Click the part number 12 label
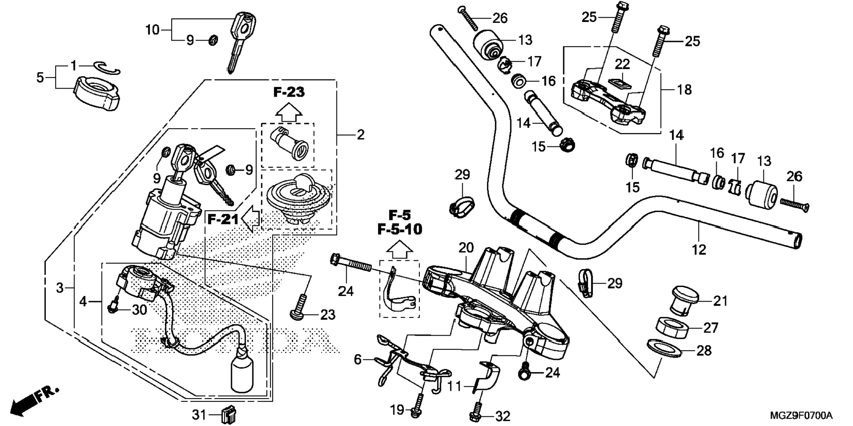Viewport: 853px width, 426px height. (x=699, y=250)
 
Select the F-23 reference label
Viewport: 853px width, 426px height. (x=289, y=92)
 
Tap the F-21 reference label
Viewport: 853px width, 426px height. (x=223, y=219)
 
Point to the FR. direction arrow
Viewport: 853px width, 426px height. (x=33, y=400)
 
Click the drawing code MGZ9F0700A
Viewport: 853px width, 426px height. (x=801, y=415)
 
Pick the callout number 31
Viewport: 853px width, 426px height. (x=199, y=415)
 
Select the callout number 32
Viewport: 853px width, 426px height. (x=503, y=416)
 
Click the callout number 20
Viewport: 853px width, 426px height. (x=466, y=248)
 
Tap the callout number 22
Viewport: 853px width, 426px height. (x=622, y=64)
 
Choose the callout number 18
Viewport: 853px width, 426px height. (x=684, y=90)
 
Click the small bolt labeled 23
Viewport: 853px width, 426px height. (x=298, y=307)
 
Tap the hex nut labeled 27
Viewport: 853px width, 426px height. (x=672, y=328)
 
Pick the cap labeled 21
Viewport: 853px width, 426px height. (x=684, y=299)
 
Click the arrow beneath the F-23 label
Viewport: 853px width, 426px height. (x=288, y=112)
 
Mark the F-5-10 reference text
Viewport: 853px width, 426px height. (x=400, y=229)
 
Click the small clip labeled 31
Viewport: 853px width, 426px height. (x=228, y=415)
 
